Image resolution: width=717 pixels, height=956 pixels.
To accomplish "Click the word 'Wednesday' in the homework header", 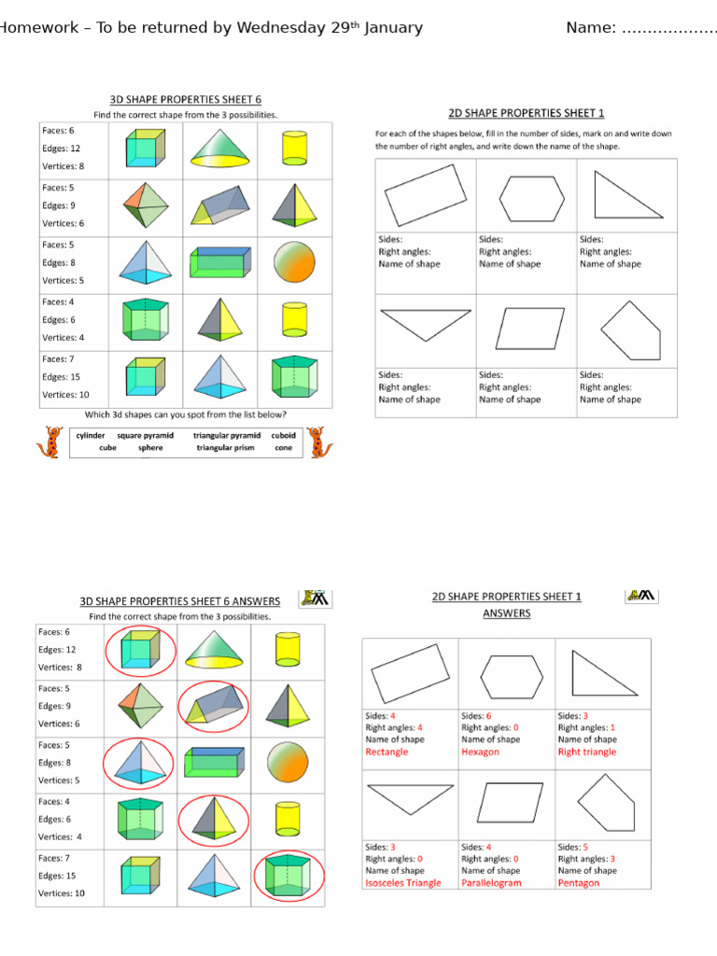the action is click(281, 28).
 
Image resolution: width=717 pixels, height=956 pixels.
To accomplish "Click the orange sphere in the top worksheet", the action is click(294, 263).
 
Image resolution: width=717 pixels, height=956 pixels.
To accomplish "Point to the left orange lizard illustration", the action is click(49, 442).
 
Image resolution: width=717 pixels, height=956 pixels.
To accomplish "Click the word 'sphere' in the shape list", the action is click(150, 448).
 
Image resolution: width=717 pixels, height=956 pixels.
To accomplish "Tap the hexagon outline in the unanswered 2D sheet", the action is click(531, 198).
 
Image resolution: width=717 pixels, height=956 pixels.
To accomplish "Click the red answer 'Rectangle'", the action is click(387, 752).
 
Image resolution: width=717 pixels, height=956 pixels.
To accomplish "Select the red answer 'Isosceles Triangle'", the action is click(403, 882).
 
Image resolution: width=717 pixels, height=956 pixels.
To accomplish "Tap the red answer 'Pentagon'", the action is click(579, 882).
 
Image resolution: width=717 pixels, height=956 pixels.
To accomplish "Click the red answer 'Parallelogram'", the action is click(492, 882).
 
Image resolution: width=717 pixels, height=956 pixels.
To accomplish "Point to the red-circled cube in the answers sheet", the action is click(139, 650).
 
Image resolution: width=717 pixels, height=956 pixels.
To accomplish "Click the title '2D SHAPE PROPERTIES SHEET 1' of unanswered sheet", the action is click(527, 114).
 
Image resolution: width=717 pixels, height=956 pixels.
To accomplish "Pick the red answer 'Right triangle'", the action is click(587, 752).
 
